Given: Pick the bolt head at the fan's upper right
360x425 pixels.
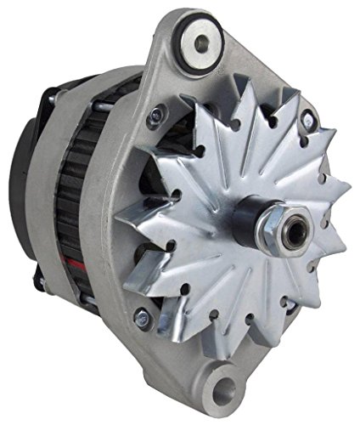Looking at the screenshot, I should [x=307, y=122].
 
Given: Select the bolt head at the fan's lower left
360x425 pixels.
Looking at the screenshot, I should [x=143, y=319].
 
